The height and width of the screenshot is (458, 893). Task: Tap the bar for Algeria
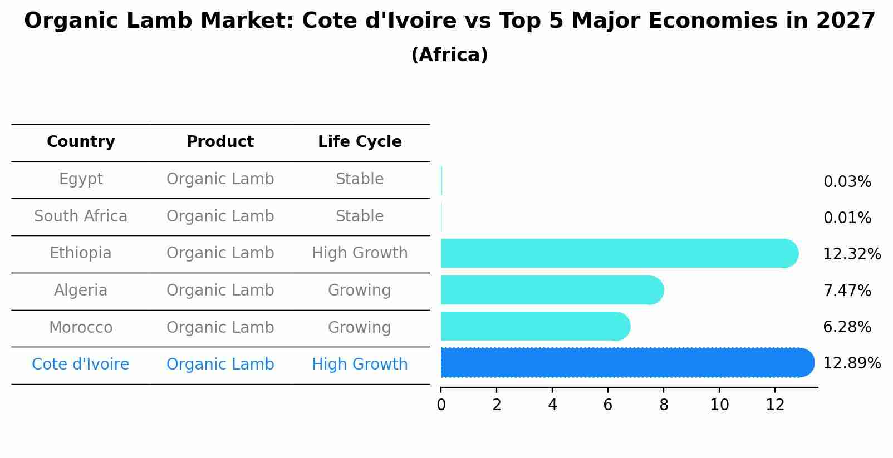coord(551,290)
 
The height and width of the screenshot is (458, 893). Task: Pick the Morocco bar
coord(534,326)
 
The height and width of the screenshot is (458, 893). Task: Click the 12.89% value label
coord(851,363)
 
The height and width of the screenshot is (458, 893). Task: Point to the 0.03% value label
coord(847,182)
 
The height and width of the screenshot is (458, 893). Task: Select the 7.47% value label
coord(847,290)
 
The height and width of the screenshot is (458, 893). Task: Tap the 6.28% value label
coord(847,327)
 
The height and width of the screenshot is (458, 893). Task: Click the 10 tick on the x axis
coord(719,405)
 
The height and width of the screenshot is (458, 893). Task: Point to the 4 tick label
coord(552,405)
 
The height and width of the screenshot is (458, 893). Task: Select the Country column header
coord(81,142)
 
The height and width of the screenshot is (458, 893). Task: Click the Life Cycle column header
coord(360,142)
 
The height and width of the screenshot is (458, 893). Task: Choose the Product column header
coord(220,142)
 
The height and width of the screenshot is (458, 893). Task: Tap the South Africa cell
coord(81,216)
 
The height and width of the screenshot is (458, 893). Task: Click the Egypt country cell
coord(81,179)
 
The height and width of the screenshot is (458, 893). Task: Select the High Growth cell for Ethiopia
coord(360,253)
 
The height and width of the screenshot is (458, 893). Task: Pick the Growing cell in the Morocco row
coord(360,327)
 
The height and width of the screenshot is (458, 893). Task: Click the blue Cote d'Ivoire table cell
coord(81,365)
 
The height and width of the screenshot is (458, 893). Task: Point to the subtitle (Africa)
coord(449,55)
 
